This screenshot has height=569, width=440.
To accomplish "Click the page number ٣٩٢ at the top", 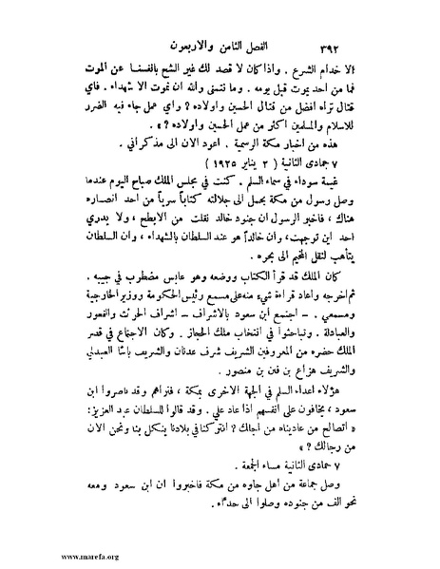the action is (x=353, y=45).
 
